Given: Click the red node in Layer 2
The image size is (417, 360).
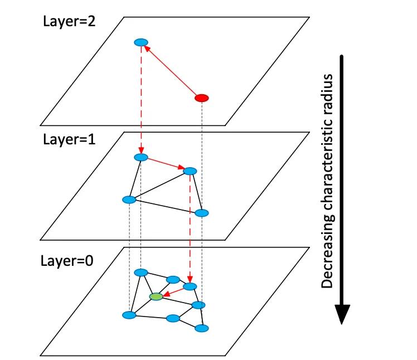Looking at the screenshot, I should [x=201, y=98].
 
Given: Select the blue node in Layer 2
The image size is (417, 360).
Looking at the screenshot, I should [x=141, y=42].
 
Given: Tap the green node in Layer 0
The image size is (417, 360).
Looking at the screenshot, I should [x=157, y=296].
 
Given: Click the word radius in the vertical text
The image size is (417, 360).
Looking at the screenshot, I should [x=327, y=88].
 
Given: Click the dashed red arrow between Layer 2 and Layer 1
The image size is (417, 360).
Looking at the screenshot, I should [x=141, y=100].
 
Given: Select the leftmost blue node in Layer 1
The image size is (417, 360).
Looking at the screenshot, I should [x=129, y=200].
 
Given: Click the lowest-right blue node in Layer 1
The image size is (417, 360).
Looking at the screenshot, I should [x=202, y=212].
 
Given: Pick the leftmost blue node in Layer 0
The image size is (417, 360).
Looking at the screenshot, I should [x=129, y=315].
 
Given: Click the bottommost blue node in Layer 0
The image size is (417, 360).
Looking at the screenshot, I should [x=201, y=328].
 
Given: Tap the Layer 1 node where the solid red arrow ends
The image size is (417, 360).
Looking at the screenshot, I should [x=190, y=171].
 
